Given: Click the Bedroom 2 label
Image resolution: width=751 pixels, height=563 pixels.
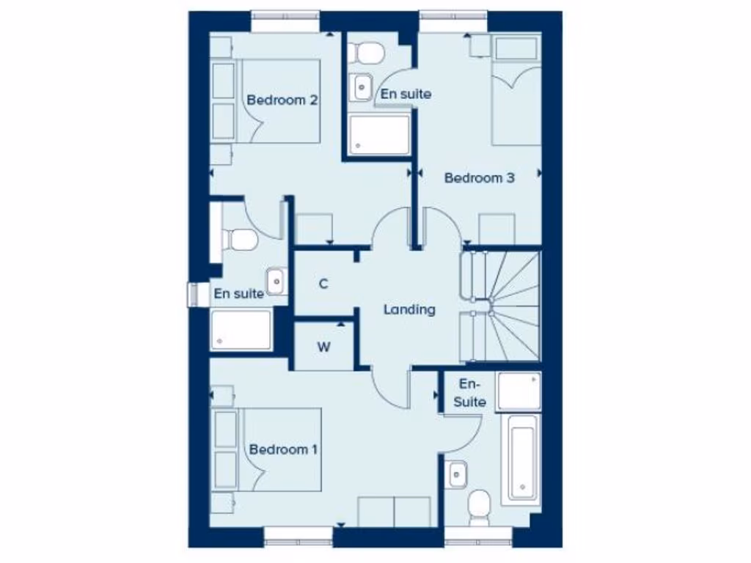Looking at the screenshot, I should point(282,100).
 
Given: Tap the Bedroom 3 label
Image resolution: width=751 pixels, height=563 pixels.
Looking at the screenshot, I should point(480,177).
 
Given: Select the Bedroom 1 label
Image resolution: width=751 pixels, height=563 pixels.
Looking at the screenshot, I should point(283,449).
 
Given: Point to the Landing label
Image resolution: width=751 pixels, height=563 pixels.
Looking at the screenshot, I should point(409,309).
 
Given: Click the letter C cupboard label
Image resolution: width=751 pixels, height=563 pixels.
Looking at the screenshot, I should point(323,284).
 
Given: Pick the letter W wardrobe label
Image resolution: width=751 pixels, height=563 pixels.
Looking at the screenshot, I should point(323,347).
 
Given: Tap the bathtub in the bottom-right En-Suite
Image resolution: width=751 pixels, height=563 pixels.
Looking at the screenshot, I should point(521,458).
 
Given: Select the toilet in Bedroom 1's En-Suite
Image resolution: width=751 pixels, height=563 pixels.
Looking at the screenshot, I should point(479,507).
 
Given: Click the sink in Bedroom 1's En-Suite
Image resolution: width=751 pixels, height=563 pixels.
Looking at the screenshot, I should point(456,474).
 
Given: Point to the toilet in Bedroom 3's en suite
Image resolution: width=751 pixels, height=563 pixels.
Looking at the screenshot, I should point(365,51).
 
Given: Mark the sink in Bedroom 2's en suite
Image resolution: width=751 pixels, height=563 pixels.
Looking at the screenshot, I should point(276,281).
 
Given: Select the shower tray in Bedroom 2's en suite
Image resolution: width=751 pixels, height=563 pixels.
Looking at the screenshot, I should point(241,331).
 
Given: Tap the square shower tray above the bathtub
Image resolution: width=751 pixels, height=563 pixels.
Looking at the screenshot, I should point(519,391).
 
